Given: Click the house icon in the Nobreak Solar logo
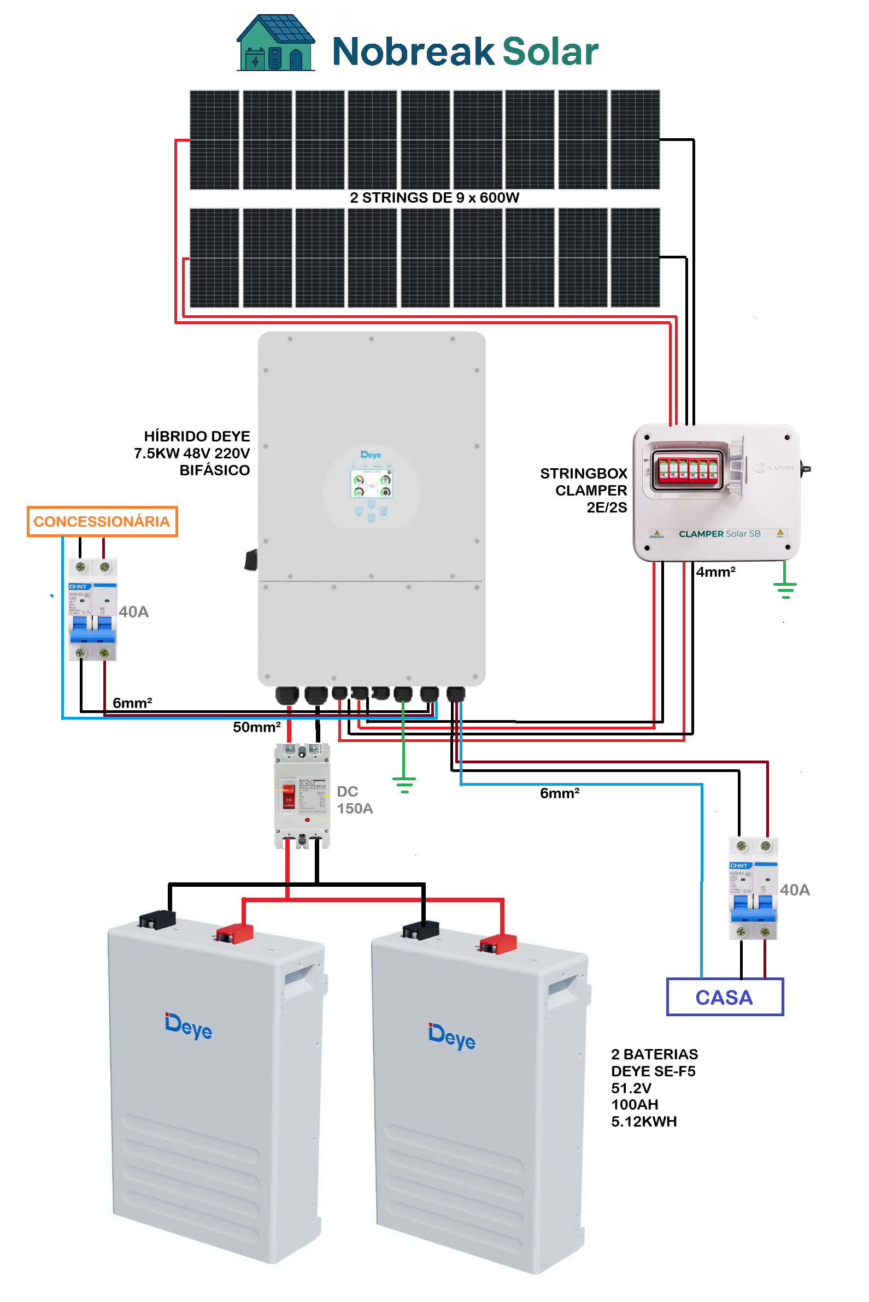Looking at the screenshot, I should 275,43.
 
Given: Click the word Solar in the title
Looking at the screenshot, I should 550,51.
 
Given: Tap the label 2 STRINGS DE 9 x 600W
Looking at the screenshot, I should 434,198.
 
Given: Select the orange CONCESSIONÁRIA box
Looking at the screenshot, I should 102,521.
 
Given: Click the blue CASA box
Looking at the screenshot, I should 724,997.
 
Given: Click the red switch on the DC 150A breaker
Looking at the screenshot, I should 288,796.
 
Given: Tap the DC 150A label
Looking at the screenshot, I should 355,799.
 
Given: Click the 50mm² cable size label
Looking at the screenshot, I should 256,727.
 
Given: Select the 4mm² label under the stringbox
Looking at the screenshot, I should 715,572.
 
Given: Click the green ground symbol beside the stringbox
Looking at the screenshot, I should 785,588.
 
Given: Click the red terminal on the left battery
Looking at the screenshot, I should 235,933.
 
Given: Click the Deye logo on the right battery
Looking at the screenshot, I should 451,1036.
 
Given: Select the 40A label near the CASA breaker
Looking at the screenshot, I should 795,890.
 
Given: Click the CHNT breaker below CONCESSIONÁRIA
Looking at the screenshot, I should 92,609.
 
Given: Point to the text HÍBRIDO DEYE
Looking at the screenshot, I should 197,436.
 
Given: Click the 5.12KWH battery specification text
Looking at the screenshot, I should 644,1121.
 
